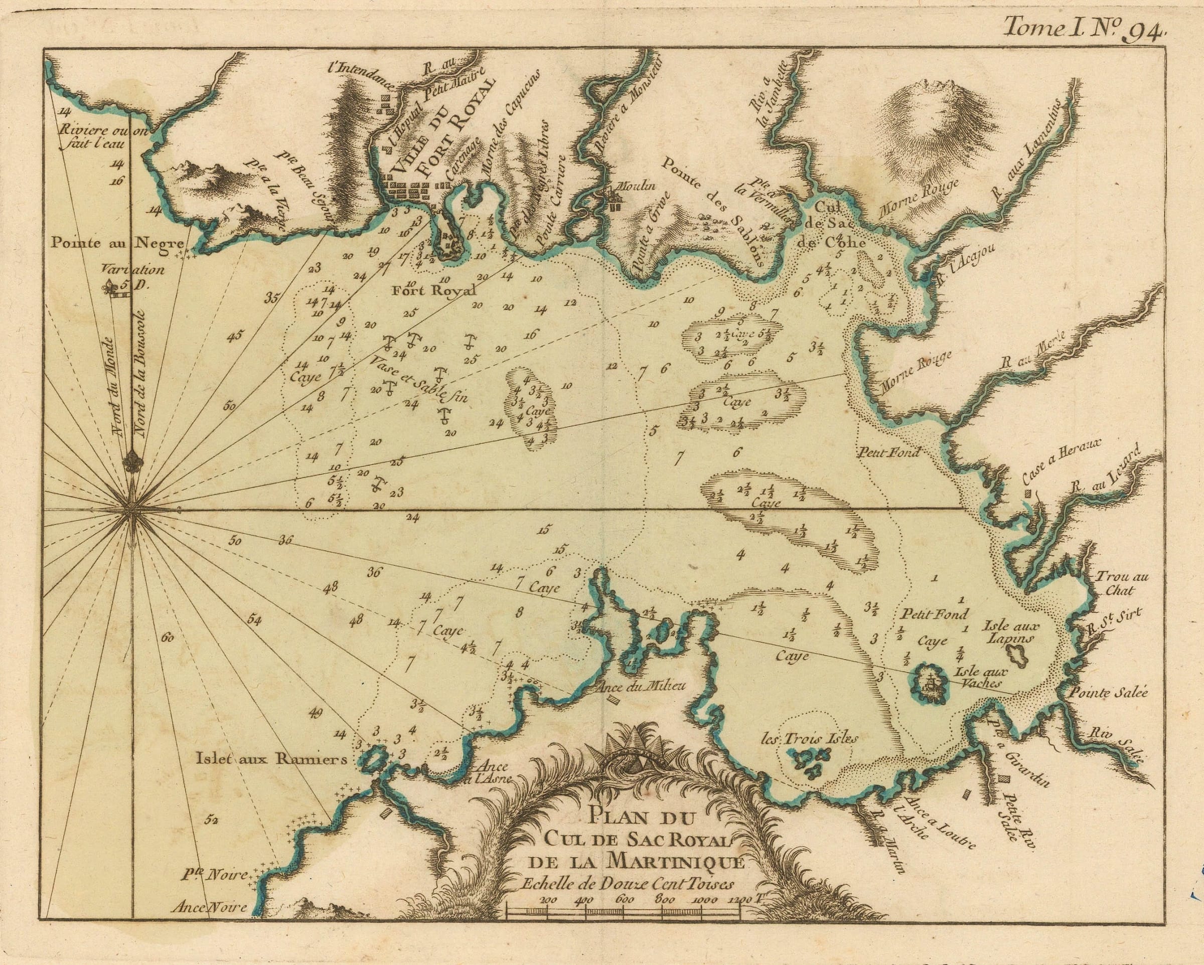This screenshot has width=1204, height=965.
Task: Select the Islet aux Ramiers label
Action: (x=271, y=759)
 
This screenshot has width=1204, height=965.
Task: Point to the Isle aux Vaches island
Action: (x=930, y=683)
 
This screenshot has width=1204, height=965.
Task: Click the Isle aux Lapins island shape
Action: (x=1017, y=655)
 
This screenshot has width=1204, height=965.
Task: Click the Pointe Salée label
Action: (x=1109, y=693)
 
